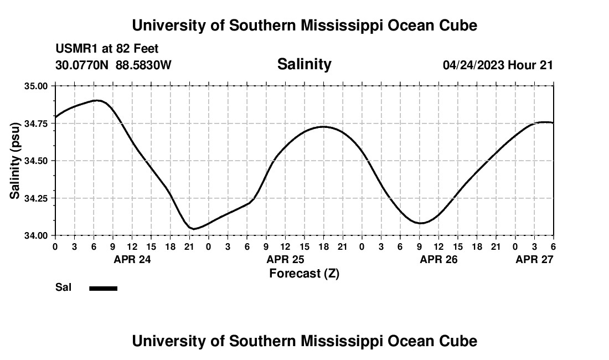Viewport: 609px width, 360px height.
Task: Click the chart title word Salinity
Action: coord(304,64)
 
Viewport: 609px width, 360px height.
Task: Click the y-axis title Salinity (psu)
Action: coord(16,161)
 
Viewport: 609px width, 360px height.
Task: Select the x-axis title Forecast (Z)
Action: coord(304,273)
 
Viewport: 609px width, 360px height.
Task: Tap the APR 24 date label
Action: coord(132,259)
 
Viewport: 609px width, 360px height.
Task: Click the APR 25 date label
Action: coord(285,259)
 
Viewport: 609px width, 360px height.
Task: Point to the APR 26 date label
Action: coord(438,259)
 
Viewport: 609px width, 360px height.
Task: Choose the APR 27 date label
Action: coord(534,259)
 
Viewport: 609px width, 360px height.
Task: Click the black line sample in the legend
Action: coord(103,288)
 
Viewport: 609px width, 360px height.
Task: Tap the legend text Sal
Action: coord(63,287)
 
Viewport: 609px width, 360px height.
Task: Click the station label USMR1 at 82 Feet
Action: coord(107,49)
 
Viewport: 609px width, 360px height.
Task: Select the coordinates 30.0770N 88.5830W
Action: coord(113,65)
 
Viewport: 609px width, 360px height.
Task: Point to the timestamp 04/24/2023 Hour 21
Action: coord(498,65)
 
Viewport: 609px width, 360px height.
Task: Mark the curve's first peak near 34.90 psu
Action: coord(97,100)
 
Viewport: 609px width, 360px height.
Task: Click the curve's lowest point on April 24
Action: coord(193,229)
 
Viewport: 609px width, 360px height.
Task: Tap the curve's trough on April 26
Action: coord(421,223)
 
